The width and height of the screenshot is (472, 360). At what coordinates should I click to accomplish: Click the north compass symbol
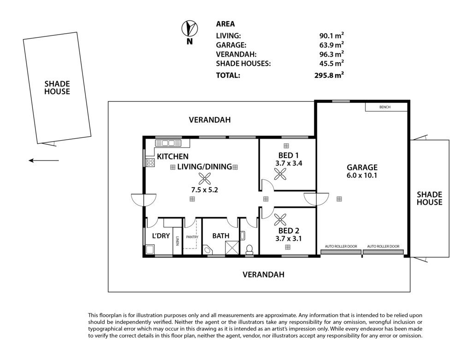(189, 29)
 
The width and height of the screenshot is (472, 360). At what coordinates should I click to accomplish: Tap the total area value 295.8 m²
(329, 75)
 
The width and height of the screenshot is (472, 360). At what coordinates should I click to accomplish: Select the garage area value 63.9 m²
(331, 45)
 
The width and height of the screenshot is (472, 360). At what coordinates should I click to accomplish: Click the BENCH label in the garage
(385, 107)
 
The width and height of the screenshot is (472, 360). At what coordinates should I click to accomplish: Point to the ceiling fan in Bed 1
(280, 174)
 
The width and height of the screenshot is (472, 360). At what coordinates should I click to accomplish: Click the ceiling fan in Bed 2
(280, 220)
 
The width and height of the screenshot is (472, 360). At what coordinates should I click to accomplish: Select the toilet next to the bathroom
(249, 250)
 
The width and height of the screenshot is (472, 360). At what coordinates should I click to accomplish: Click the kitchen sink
(165, 143)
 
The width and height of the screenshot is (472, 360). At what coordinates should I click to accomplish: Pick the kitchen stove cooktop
(151, 163)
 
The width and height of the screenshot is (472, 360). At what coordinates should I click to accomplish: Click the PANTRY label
(192, 237)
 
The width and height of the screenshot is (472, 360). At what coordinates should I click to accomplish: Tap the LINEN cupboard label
(177, 241)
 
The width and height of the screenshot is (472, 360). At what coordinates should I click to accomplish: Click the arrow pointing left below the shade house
(44, 160)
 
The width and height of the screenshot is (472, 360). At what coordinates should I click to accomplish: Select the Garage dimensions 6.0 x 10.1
(362, 175)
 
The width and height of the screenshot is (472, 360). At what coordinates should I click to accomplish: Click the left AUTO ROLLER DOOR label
(341, 246)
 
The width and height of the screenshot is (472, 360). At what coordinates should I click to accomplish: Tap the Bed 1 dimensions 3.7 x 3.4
(289, 163)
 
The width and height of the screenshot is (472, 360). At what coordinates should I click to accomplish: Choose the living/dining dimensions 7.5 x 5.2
(204, 190)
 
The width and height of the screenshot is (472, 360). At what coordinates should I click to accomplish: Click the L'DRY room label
(161, 236)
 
